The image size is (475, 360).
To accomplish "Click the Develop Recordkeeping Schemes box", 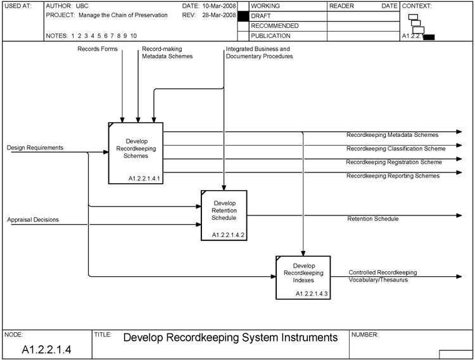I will click(136, 152).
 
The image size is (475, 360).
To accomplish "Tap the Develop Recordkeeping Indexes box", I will click(303, 276).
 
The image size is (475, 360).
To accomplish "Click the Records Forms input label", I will click(98, 48).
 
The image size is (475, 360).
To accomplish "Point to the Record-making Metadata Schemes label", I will click(167, 52).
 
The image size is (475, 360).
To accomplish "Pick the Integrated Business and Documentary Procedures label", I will click(259, 52).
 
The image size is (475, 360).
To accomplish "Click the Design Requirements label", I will click(35, 148).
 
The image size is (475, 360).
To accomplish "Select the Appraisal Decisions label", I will click(33, 220).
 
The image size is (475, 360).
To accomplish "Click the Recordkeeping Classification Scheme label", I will click(396, 148).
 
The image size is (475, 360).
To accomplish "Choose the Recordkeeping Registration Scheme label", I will click(394, 162).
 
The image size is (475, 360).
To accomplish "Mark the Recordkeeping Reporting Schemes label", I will click(393, 176).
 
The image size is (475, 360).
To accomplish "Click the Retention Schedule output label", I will click(373, 219).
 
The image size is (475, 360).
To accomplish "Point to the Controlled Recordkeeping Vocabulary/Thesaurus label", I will click(383, 276).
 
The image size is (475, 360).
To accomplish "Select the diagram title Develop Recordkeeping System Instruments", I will click(231, 338).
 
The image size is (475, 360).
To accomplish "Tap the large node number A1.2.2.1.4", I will click(46, 349).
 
